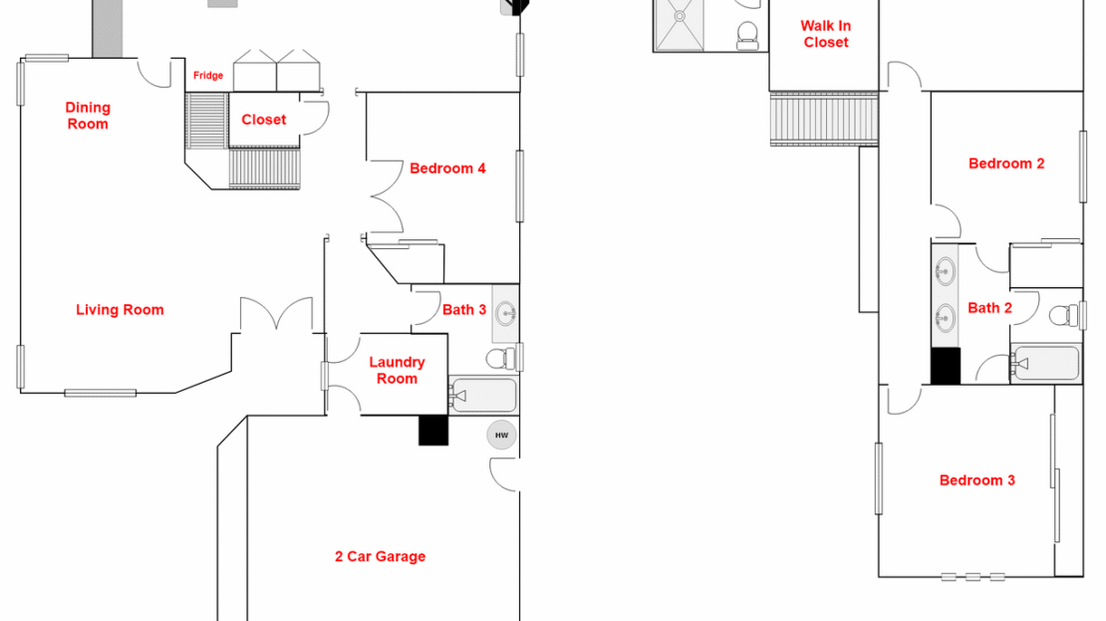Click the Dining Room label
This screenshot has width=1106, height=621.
[x=88, y=116]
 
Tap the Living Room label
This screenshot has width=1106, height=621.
[x=120, y=310]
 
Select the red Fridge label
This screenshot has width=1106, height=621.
[x=208, y=76]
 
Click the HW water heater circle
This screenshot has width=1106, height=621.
[x=501, y=435]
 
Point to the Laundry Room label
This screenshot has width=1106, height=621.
[x=397, y=370]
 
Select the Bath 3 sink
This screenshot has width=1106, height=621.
[x=506, y=314]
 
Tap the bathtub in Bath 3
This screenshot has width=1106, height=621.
[x=483, y=396]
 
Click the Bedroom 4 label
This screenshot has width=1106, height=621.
[x=447, y=168]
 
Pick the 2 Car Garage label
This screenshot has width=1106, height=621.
[x=380, y=556]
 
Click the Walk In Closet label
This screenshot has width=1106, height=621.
[x=826, y=34]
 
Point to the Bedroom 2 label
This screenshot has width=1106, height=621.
[x=1006, y=163]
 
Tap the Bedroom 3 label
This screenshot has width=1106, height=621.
[x=976, y=480]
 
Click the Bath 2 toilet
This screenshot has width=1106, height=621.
[x=1065, y=316]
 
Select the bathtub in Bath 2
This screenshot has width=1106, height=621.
[x=1046, y=364]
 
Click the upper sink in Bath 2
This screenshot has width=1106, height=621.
[x=945, y=271]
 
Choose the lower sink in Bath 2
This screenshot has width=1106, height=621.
[x=945, y=318]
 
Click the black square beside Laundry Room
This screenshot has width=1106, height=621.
[x=433, y=430]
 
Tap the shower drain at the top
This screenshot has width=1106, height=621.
[x=680, y=16]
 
